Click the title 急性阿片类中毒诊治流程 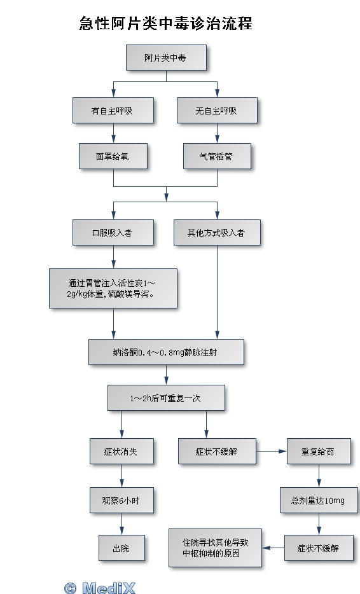pyautogui.click(x=165, y=23)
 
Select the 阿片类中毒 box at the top pyautogui.click(x=167, y=58)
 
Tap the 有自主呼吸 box pyautogui.click(x=113, y=110)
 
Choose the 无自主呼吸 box pyautogui.click(x=217, y=110)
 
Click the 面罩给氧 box pyautogui.click(x=113, y=156)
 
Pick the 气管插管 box pyautogui.click(x=217, y=156)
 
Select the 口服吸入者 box pyautogui.click(x=113, y=233)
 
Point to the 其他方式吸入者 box pyautogui.click(x=217, y=233)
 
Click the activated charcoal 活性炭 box pyautogui.click(x=113, y=288)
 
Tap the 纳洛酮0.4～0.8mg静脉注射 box pyautogui.click(x=167, y=352)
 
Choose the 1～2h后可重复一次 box pyautogui.click(x=167, y=397)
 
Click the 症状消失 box pyautogui.click(x=121, y=451)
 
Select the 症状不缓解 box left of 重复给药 pyautogui.click(x=217, y=451)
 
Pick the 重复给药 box pyautogui.click(x=319, y=451)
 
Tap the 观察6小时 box pyautogui.click(x=121, y=501)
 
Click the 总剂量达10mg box pyautogui.click(x=319, y=501)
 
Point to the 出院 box pyautogui.click(x=121, y=548)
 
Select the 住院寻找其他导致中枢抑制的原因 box pyautogui.click(x=215, y=548)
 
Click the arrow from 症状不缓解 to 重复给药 pyautogui.click(x=272, y=451)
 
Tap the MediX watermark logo pyautogui.click(x=100, y=588)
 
